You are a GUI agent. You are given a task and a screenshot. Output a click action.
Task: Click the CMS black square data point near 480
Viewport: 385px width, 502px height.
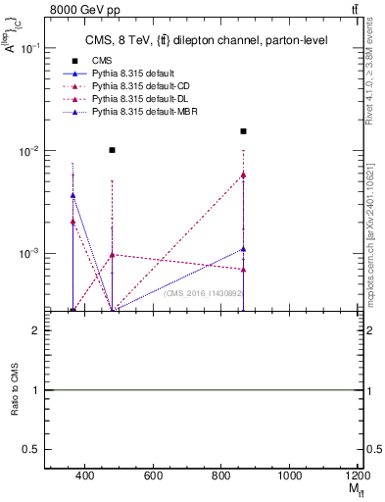click(113, 150)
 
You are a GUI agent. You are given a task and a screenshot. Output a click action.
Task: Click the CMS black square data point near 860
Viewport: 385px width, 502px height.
click(243, 131)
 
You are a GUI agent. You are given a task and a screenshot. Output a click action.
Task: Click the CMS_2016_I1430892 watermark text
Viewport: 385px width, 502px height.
click(205, 292)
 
